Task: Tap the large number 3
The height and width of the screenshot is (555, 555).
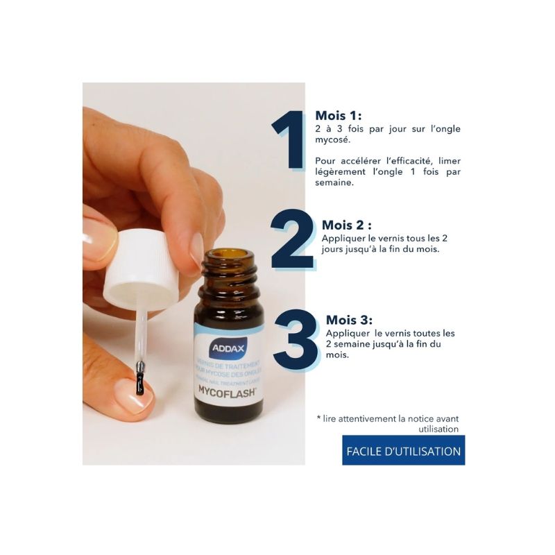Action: tap(296, 340)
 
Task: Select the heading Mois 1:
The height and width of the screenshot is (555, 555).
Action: tap(339, 116)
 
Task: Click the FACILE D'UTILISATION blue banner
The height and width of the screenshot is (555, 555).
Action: tap(403, 451)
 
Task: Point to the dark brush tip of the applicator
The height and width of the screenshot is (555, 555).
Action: tap(141, 378)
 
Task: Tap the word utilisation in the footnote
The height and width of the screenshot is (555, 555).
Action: tap(438, 429)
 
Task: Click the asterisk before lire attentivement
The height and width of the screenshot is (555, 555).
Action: tap(318, 418)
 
